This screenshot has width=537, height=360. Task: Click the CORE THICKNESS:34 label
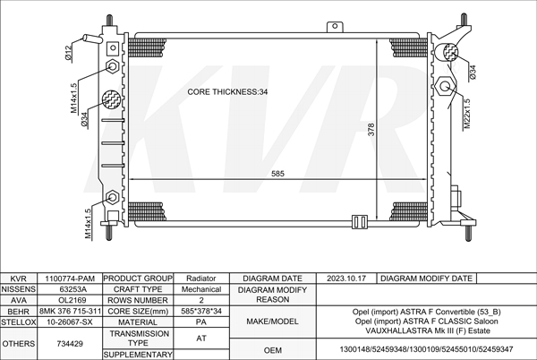[227, 92]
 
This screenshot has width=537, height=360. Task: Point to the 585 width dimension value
[277, 174]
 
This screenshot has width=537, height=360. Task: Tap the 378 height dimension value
[371, 130]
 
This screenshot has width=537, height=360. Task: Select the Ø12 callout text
[69, 53]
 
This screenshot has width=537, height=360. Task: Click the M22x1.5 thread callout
[467, 114]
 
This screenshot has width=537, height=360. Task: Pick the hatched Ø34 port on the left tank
[111, 99]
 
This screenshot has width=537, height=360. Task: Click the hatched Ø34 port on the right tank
[451, 53]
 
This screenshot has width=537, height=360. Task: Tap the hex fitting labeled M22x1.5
[445, 86]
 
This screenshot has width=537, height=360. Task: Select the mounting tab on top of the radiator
[335, 27]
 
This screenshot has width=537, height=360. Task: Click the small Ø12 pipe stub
[92, 38]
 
